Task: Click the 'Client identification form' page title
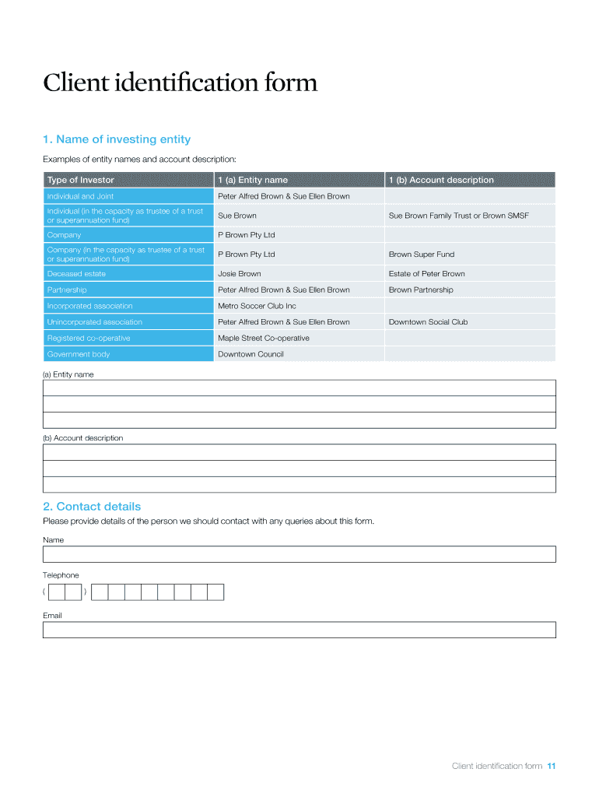(180, 83)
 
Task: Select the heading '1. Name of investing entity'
(117, 139)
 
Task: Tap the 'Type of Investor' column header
(80, 180)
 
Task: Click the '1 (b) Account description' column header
(441, 180)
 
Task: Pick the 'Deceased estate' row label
(76, 274)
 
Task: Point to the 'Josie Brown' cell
(240, 274)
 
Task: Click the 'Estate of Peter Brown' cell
(426, 274)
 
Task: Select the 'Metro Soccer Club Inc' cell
(257, 306)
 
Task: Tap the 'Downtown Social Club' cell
(428, 321)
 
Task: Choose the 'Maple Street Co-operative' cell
(263, 338)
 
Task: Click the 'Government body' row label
(79, 354)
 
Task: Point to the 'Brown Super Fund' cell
(421, 255)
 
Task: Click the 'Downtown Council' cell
(250, 354)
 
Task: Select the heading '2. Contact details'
(92, 506)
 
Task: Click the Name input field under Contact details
(299, 554)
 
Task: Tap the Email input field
(299, 630)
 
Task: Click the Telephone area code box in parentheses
(65, 593)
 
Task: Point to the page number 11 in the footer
(551, 766)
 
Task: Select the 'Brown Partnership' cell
(420, 290)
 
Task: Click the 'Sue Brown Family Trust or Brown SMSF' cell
(458, 216)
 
